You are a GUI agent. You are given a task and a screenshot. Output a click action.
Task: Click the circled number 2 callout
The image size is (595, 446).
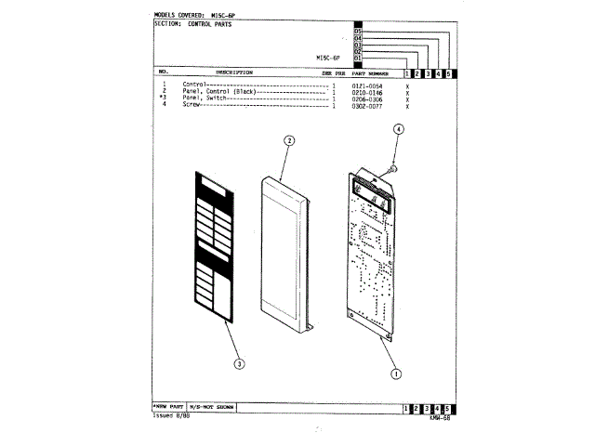click(289, 140)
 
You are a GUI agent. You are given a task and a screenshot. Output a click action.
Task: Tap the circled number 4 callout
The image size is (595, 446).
click(398, 130)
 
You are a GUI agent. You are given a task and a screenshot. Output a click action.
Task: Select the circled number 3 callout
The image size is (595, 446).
click(239, 363)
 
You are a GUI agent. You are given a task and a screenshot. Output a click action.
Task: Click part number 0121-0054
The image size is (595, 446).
click(366, 85)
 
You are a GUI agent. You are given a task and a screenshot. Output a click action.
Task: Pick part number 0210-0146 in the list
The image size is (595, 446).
click(366, 92)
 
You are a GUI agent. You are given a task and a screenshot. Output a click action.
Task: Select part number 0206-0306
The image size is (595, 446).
click(366, 98)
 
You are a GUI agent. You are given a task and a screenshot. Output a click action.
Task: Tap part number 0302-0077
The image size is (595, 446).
click(366, 105)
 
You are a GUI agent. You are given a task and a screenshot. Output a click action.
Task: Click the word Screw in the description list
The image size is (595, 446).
click(192, 105)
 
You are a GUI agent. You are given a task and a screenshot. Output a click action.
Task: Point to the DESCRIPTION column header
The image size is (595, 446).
click(234, 72)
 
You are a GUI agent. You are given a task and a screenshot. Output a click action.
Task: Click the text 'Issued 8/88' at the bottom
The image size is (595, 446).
click(171, 416)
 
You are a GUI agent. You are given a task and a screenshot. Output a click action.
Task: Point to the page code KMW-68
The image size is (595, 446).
click(440, 417)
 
